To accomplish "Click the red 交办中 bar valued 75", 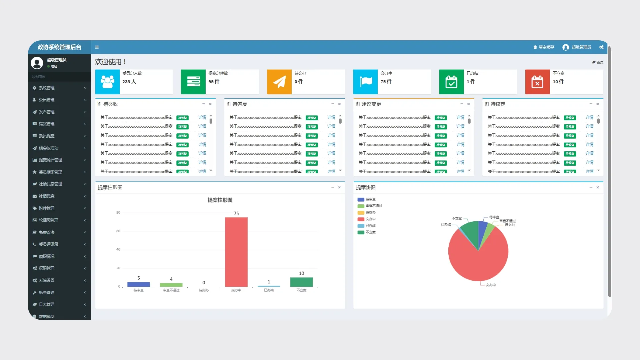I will (236, 252).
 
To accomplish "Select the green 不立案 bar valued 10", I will (301, 282).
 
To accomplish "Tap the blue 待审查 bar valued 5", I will (139, 284).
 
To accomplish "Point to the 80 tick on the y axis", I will (118, 213).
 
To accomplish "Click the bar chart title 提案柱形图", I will (220, 200).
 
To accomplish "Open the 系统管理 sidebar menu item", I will (47, 88).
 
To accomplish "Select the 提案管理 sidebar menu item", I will (47, 124).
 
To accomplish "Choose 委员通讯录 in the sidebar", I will (48, 244).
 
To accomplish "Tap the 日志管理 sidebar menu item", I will (47, 305).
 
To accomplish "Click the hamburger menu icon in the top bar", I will (97, 47).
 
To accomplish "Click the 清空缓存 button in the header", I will (544, 47).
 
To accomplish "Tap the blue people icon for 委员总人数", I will (107, 82).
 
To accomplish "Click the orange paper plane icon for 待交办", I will (279, 82).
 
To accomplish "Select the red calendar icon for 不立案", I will (537, 82).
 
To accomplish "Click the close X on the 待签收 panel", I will (210, 104).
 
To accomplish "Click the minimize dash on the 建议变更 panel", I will (462, 104).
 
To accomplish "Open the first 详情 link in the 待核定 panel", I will (589, 118).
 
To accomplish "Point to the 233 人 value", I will (129, 82).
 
